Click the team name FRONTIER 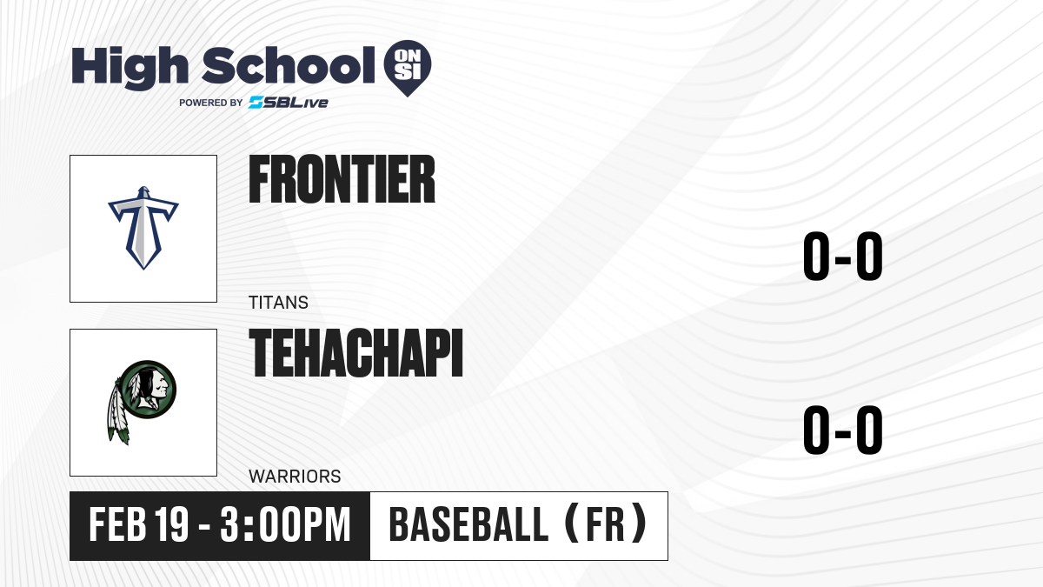pos(342,179)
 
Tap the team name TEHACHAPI pos(356,353)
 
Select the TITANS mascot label pos(278,303)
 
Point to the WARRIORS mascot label pos(295,477)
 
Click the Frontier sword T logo pos(143,228)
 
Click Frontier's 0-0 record pos(843,257)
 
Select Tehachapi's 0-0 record pos(843,430)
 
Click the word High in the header pos(130,68)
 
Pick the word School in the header pos(289,66)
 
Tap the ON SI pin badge pos(408,68)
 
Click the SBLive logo pos(289,103)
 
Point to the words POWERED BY pos(211,103)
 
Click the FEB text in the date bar pos(118,524)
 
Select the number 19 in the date pos(171,524)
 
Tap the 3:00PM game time pos(285,524)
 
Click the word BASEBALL pos(468,524)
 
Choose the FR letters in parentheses pos(605,524)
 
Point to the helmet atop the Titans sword pos(143,193)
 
